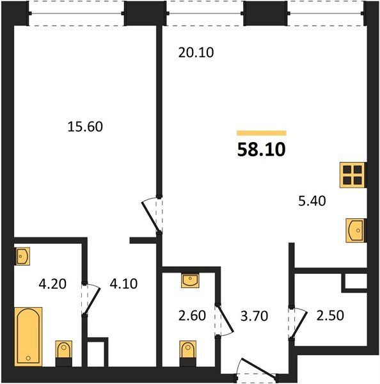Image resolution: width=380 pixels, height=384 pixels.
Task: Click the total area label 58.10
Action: pyautogui.click(x=261, y=150)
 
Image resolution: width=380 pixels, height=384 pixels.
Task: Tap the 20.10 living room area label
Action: pyautogui.click(x=196, y=52)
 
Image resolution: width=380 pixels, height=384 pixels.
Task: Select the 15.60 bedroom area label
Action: pyautogui.click(x=85, y=127)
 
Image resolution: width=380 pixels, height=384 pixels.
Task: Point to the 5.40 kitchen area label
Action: pyautogui.click(x=312, y=202)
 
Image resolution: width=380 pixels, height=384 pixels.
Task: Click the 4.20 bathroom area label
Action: pyautogui.click(x=52, y=284)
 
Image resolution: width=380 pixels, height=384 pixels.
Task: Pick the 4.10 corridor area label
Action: pyautogui.click(x=123, y=284)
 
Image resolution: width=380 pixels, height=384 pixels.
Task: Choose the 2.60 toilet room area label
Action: pyautogui.click(x=192, y=316)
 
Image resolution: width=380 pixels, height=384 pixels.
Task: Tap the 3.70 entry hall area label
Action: pyautogui.click(x=254, y=316)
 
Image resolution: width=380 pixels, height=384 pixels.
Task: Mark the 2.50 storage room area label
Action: pyautogui.click(x=330, y=316)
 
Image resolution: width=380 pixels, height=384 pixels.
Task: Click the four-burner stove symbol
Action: pyautogui.click(x=352, y=175)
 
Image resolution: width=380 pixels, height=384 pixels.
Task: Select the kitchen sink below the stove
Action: pyautogui.click(x=355, y=230)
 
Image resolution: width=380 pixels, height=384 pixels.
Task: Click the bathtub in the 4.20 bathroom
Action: pyautogui.click(x=28, y=337)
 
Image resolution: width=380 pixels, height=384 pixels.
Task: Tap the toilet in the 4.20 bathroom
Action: pyautogui.click(x=64, y=353)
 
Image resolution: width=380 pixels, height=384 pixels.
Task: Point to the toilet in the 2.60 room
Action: pyautogui.click(x=188, y=353)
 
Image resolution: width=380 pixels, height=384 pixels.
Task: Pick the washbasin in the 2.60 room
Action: pyautogui.click(x=190, y=280)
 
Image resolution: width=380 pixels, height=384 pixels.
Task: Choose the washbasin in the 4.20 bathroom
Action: pyautogui.click(x=23, y=256)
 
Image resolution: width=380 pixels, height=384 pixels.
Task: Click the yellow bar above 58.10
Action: pyautogui.click(x=262, y=133)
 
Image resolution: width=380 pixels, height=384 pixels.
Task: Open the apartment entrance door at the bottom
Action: pyautogui.click(x=257, y=369)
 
